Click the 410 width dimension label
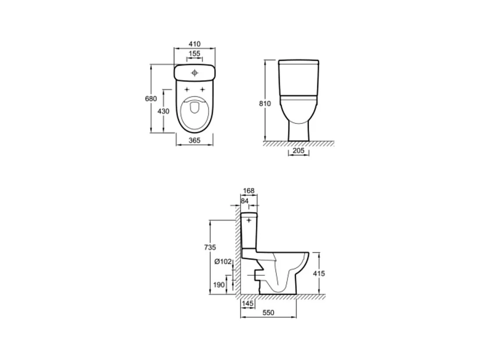195,44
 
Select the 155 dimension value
194,54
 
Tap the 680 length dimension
151,99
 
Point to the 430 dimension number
164,111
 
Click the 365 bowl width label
194,140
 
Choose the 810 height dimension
265,104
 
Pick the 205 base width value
298,151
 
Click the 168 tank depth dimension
249,191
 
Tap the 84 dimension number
244,201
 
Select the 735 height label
210,247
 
